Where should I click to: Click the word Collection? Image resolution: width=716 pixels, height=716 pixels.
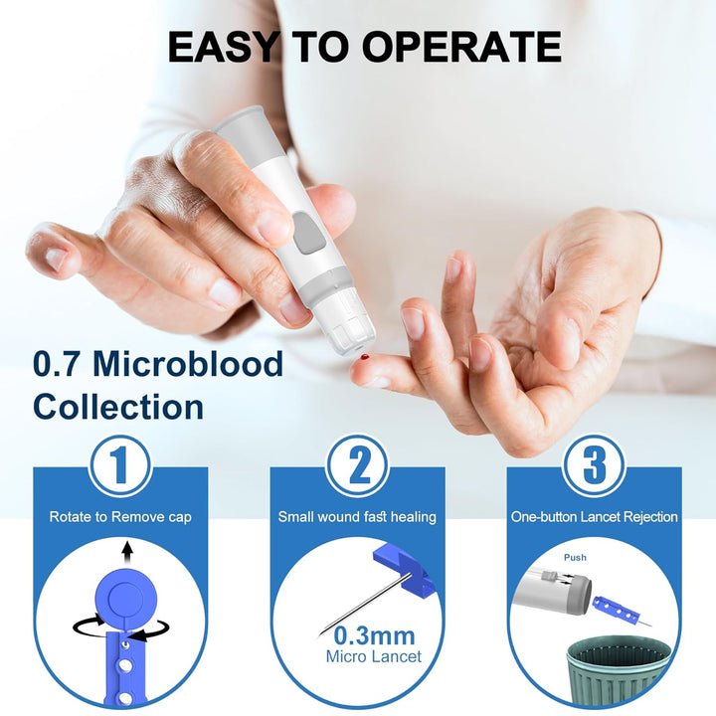[118, 407]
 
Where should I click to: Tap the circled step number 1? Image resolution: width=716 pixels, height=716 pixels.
[119, 464]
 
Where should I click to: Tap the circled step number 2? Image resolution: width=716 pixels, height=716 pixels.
[357, 464]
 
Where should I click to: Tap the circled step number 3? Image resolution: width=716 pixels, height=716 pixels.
[595, 464]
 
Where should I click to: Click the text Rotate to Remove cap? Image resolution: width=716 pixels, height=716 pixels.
[119, 517]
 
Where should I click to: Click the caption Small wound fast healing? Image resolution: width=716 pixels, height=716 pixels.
[357, 517]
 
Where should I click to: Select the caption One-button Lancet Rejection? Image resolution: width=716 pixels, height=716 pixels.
[595, 517]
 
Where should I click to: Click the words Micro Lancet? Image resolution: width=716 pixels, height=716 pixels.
[373, 656]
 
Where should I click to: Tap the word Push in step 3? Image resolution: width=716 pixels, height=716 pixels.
[575, 559]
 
